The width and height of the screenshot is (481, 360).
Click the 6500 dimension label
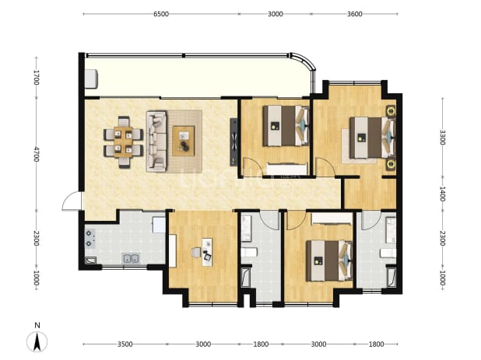(x=161, y=14)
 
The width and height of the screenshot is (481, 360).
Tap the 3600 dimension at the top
(x=355, y=14)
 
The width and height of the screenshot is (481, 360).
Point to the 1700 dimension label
(x=37, y=78)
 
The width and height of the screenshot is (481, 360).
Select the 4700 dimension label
(x=37, y=154)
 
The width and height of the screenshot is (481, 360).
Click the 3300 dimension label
(x=442, y=138)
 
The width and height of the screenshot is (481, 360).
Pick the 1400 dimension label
(x=442, y=194)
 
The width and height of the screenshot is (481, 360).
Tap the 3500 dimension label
(x=125, y=344)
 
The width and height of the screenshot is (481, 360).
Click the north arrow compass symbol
(x=37, y=341)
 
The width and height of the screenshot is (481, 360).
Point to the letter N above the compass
(x=37, y=325)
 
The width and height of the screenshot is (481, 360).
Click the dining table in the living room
(x=123, y=142)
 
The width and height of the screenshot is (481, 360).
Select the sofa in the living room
(x=156, y=141)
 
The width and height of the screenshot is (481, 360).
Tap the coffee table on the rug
(x=184, y=141)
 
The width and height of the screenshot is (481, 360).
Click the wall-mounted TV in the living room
(x=233, y=142)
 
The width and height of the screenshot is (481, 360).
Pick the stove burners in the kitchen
(x=90, y=239)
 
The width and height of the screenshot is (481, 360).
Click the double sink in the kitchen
(x=131, y=259)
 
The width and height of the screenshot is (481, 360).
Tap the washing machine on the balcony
(x=91, y=79)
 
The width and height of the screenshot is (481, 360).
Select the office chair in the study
(x=196, y=253)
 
